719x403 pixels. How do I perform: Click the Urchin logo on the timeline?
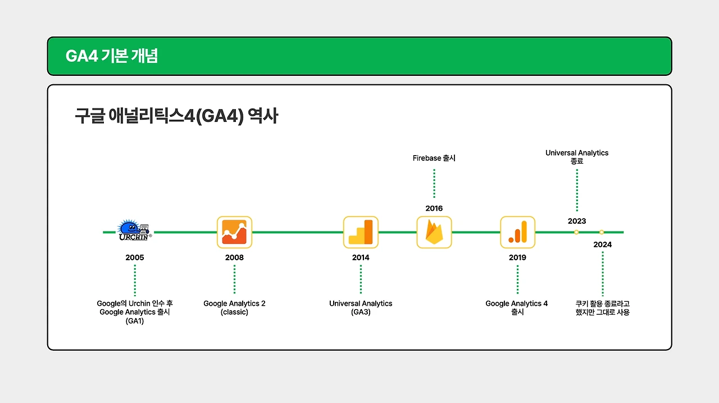[x=134, y=230]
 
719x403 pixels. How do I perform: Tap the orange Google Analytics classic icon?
[x=234, y=232]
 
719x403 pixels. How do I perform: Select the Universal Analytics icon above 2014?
[x=361, y=232]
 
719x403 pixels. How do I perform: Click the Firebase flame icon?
[x=434, y=232]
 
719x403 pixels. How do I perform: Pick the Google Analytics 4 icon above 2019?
[x=517, y=232]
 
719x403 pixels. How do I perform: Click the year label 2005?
[x=135, y=257]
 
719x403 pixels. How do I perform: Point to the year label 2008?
[x=234, y=257]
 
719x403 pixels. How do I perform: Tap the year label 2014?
[x=361, y=257]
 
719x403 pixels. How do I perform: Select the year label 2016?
[x=434, y=209]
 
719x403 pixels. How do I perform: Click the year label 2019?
[x=517, y=257]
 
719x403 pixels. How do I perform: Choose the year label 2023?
[x=577, y=221]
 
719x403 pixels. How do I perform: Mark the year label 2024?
[x=603, y=244]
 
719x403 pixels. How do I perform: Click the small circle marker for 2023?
[x=576, y=232]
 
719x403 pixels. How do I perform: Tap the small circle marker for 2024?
[x=602, y=232]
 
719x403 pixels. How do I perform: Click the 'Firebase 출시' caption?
[x=434, y=158]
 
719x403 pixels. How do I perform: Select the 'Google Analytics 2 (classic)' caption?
[x=234, y=307]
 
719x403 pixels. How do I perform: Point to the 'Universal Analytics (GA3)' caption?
[x=361, y=307]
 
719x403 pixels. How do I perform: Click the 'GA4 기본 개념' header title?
[x=112, y=56]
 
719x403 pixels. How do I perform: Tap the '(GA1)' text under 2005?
[x=135, y=321]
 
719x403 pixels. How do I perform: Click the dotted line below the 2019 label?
[x=517, y=279]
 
